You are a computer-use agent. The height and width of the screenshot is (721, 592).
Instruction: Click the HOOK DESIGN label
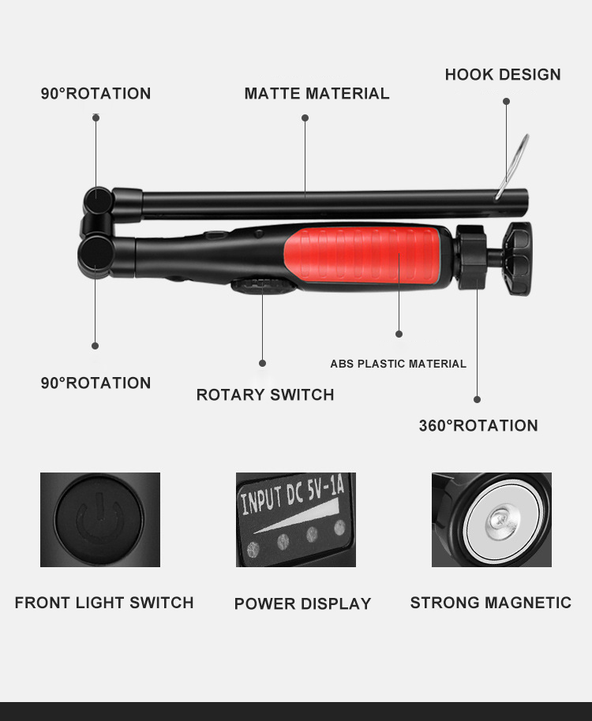click(503, 75)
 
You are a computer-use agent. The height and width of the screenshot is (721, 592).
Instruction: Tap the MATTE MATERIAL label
click(317, 94)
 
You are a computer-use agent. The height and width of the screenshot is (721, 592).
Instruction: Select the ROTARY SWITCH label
click(265, 394)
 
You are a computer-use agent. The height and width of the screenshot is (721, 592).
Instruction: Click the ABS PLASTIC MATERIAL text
click(398, 364)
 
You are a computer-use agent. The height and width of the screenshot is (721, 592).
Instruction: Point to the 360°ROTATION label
click(478, 426)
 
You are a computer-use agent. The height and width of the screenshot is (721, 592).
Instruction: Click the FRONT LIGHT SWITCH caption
click(104, 603)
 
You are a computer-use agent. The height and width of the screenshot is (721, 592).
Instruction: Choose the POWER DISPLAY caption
click(302, 604)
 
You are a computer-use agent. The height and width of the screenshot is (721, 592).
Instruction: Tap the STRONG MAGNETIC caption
click(490, 603)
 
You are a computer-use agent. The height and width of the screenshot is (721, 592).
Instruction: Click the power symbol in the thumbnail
click(99, 519)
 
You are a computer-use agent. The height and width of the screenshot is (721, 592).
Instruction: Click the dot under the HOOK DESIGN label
click(506, 101)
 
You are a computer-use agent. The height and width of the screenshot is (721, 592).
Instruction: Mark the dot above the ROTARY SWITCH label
click(263, 363)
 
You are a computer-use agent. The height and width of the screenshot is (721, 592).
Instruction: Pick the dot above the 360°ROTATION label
click(477, 400)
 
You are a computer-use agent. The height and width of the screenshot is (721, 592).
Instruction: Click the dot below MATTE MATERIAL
click(305, 118)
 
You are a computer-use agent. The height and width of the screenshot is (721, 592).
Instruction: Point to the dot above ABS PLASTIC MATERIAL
click(399, 334)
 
